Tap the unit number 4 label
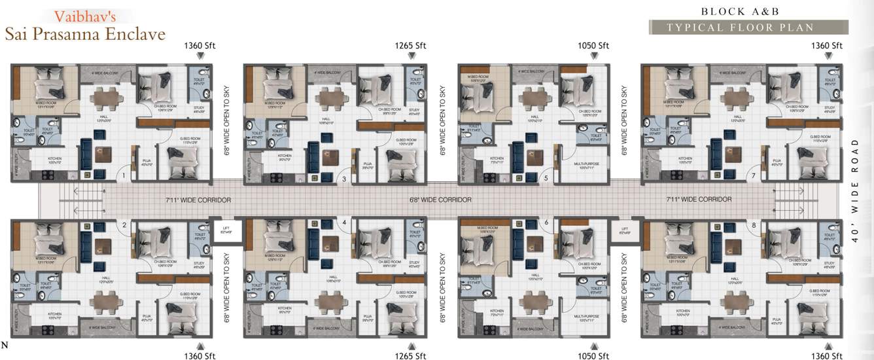pyautogui.click(x=343, y=223)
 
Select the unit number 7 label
pyautogui.click(x=754, y=175)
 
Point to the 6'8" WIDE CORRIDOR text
pyautogui.click(x=440, y=200)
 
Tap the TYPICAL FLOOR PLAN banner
pyautogui.click(x=741, y=27)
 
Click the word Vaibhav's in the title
pyautogui.click(x=83, y=15)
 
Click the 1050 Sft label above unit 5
pyautogui.click(x=593, y=46)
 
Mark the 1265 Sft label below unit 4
pyautogui.click(x=410, y=355)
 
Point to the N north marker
pyautogui.click(x=5, y=345)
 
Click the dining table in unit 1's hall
pyautogui.click(x=106, y=98)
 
